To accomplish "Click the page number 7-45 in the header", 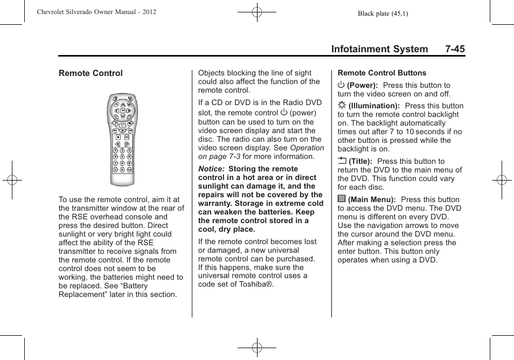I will [x=455, y=49].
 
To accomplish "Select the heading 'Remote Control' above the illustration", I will [x=91, y=73].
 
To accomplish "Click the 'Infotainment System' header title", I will [x=379, y=49].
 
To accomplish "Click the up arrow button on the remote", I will [x=122, y=104].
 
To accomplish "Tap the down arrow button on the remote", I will [x=122, y=116].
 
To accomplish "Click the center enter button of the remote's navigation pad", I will [x=122, y=110].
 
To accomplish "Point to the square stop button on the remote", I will [x=119, y=137].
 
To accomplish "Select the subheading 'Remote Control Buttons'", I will [x=381, y=73].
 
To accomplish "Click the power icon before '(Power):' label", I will [x=341, y=85].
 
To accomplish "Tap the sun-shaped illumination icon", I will [x=342, y=106].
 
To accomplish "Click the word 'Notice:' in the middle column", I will [x=212, y=169].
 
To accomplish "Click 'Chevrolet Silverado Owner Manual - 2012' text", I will [x=96, y=11].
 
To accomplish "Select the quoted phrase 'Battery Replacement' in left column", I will [x=108, y=290].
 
